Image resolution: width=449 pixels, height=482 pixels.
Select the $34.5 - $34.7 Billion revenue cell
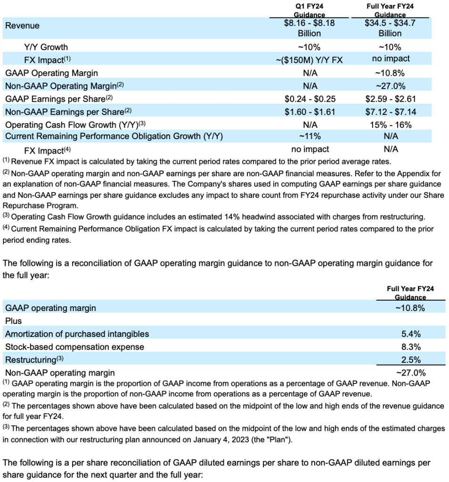[390, 28]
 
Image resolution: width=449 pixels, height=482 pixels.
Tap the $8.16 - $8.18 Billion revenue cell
[309, 28]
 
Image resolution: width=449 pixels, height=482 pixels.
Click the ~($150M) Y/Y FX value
[309, 59]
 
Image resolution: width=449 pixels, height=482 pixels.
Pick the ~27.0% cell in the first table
[390, 86]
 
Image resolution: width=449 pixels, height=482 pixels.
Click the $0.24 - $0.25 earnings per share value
[309, 99]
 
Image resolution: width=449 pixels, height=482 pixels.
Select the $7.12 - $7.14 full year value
[390, 112]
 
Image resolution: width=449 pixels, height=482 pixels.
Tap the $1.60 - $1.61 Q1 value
[309, 112]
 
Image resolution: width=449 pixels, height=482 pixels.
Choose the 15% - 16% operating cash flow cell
[390, 125]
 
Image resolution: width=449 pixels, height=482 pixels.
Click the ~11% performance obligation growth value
[309, 137]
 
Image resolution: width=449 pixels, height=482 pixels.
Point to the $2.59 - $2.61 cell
[390, 99]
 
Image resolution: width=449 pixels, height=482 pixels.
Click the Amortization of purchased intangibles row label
[77, 334]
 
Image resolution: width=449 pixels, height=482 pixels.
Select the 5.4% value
[411, 334]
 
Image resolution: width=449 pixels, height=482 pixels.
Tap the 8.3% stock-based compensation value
[411, 347]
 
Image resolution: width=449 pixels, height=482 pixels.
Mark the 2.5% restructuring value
[411, 360]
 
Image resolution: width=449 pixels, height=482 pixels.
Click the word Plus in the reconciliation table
[13, 321]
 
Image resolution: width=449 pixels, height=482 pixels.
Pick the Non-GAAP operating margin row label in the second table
[60, 373]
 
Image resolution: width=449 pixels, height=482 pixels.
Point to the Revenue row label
[22, 25]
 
